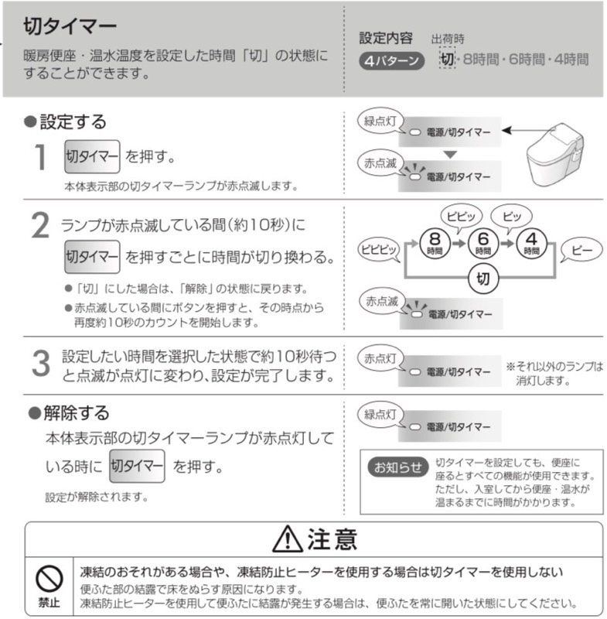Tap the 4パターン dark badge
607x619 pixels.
391,60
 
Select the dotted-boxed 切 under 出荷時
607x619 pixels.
447,59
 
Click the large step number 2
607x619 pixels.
39,227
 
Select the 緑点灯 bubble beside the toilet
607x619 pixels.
380,121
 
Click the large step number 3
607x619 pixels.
39,365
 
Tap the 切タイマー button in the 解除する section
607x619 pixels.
137,466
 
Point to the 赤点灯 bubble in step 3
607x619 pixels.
380,358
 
